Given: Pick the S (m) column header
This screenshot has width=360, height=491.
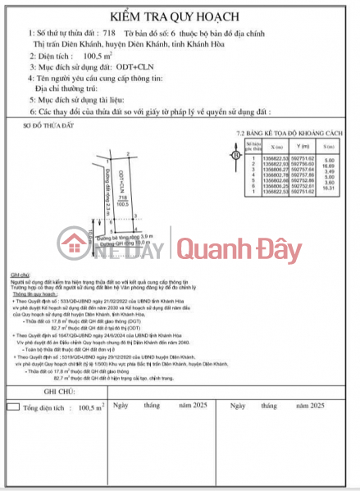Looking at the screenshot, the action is tap(329, 152).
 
